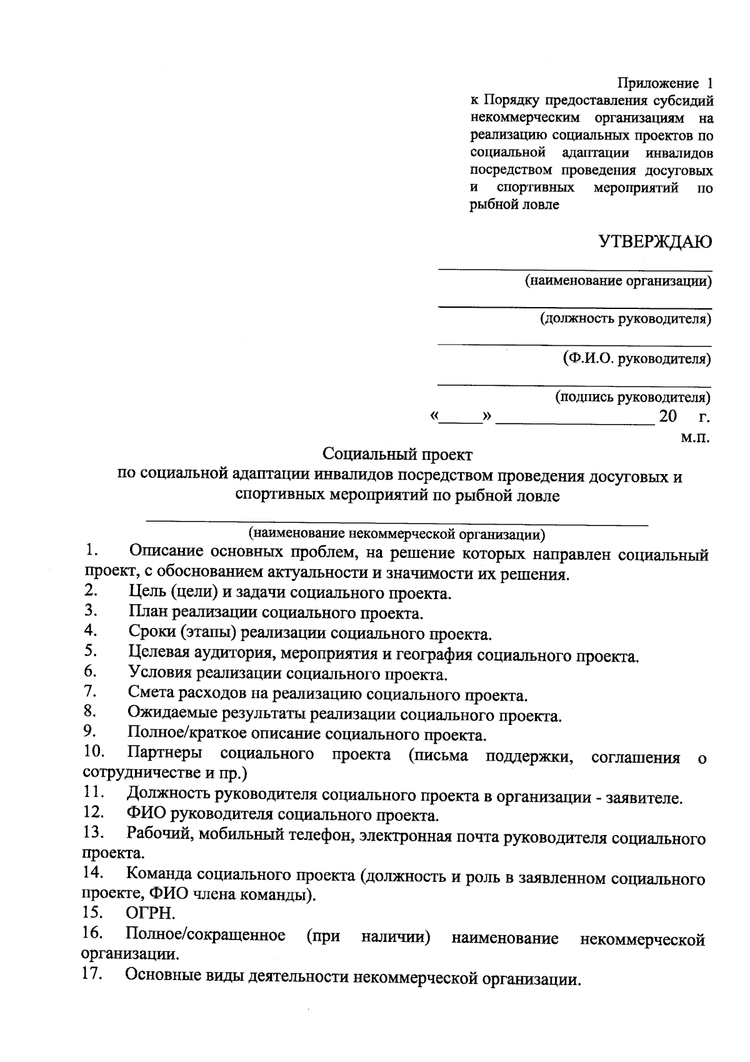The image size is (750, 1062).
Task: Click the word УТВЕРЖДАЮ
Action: [655, 242]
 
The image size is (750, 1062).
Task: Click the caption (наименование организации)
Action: [618, 281]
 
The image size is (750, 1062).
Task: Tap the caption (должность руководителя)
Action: [626, 320]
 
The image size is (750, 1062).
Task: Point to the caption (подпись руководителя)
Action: [633, 397]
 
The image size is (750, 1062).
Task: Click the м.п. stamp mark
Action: [695, 437]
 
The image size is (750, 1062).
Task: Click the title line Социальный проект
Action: [398, 454]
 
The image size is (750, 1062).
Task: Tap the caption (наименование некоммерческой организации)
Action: [397, 534]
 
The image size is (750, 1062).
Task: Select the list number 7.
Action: [89, 691]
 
